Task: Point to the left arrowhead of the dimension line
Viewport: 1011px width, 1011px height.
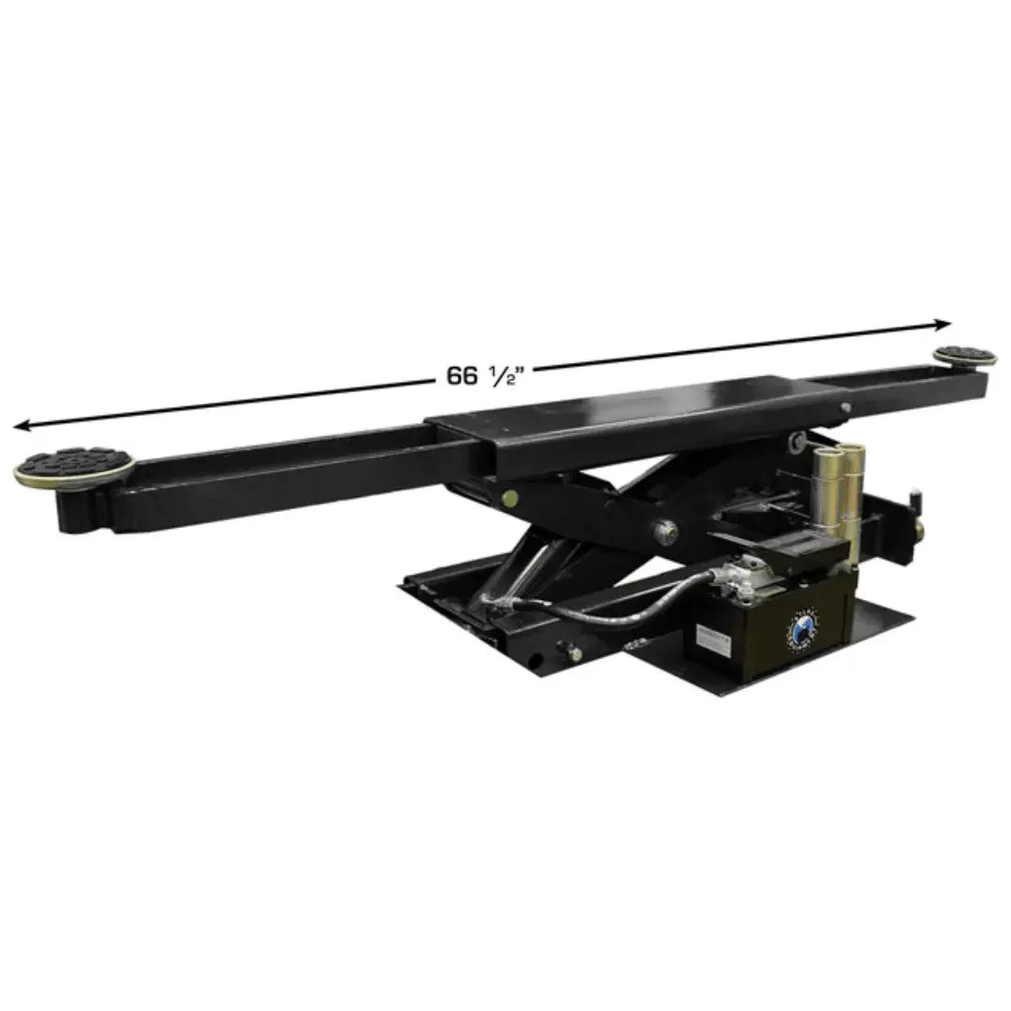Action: click(x=21, y=426)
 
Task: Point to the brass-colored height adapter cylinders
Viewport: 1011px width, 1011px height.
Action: click(x=836, y=482)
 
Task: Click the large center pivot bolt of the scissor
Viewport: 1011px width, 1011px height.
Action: click(x=666, y=531)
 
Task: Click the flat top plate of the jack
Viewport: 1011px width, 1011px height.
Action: click(x=637, y=412)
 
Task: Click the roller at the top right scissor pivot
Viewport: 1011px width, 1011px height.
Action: click(x=797, y=440)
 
